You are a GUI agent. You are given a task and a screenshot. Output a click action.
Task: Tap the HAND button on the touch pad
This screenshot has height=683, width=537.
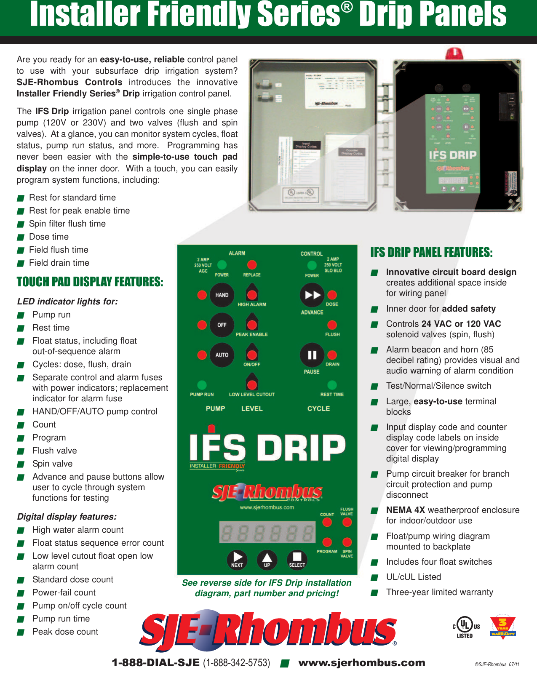[222, 295]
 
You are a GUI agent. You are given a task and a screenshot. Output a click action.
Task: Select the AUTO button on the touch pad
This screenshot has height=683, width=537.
[222, 355]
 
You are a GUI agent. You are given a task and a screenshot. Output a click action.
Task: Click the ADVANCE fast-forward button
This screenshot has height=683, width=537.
[312, 295]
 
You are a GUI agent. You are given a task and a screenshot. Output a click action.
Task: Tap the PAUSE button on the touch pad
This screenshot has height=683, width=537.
[312, 355]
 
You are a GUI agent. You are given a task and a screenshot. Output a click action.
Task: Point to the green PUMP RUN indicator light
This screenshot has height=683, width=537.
[202, 385]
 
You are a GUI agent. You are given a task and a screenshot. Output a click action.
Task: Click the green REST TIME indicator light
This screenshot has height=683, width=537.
[332, 385]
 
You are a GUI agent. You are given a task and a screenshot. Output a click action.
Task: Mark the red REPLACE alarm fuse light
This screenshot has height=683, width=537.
[252, 265]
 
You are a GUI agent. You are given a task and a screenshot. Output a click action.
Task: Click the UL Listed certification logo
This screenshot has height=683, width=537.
[465, 627]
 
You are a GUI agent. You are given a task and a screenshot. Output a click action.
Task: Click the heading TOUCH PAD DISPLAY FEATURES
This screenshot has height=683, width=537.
[90, 282]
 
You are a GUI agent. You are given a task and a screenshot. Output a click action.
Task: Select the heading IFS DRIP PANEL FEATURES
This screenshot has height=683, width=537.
[431, 252]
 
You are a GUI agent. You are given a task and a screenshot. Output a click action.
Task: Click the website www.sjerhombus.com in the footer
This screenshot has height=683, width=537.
[362, 663]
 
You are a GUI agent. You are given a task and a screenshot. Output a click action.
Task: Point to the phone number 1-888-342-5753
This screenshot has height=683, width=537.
[237, 663]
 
